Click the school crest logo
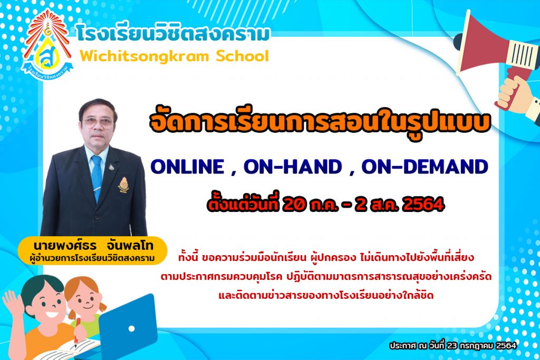(47, 45)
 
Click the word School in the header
(242, 56)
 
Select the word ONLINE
(187, 167)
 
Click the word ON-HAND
(293, 167)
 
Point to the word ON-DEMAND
(425, 167)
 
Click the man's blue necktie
(97, 176)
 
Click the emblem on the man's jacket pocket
(123, 184)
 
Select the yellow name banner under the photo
(92, 250)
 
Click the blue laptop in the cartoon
(128, 325)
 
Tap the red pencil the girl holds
(77, 332)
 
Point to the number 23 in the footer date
(451, 346)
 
